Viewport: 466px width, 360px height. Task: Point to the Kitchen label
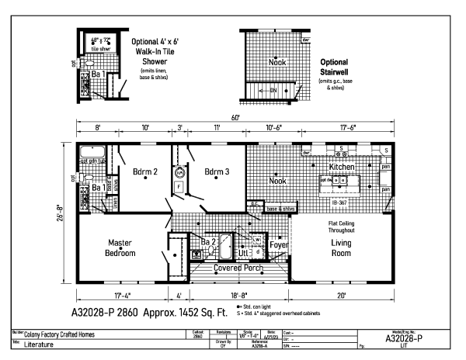(x=343, y=167)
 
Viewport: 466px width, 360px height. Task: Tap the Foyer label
(x=279, y=244)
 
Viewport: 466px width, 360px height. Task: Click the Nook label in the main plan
(x=276, y=181)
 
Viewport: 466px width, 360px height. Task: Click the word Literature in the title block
(x=41, y=344)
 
